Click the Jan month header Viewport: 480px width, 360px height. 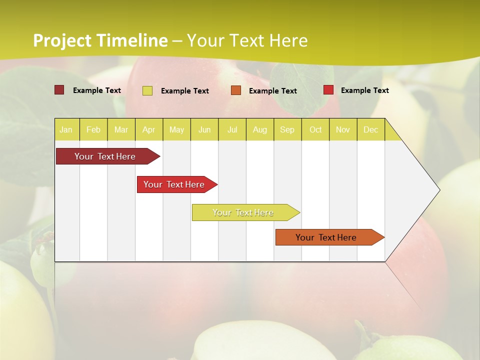[66, 129]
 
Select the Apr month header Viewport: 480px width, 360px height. [149, 129]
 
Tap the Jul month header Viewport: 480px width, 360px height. [232, 129]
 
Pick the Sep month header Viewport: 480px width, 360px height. [287, 129]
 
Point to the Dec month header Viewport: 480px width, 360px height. [371, 129]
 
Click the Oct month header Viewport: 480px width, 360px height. [315, 129]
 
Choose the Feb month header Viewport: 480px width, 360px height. [93, 129]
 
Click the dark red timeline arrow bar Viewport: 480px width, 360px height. [105, 156]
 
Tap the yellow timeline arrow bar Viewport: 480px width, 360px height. [243, 212]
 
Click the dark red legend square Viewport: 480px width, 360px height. [59, 90]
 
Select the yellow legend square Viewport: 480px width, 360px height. [147, 90]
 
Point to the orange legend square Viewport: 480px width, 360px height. [236, 90]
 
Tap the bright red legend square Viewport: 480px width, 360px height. [328, 90]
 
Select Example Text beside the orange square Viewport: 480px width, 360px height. [272, 91]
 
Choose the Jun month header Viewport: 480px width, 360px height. [204, 129]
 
